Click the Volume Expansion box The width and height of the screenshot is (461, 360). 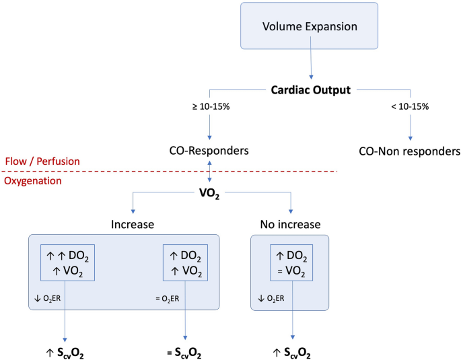click(x=310, y=28)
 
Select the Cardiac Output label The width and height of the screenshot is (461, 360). click(x=310, y=89)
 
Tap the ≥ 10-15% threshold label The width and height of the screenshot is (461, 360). click(x=211, y=106)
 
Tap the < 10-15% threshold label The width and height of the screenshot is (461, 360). click(x=410, y=106)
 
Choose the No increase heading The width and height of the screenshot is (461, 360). click(x=290, y=223)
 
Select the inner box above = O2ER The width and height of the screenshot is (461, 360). click(x=184, y=262)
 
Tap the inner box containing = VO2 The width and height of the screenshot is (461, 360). click(x=289, y=262)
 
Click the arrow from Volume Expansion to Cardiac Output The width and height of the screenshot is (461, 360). click(x=312, y=65)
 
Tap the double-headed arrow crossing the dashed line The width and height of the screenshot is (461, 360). click(x=211, y=172)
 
